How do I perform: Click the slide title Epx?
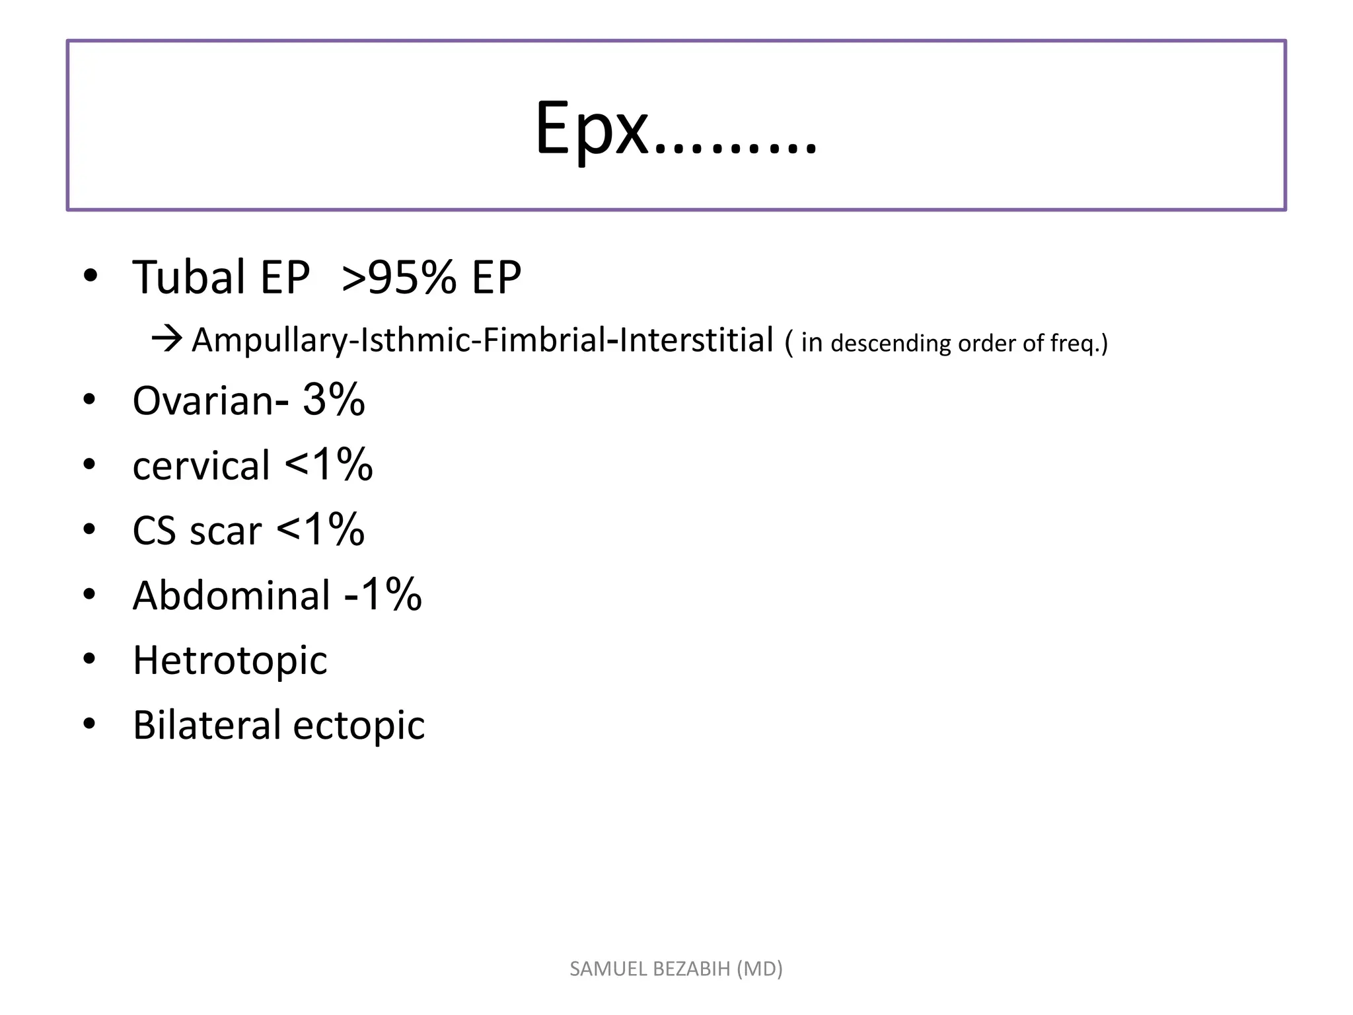pos(675,130)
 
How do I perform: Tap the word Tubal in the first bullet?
pos(188,278)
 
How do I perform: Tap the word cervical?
pos(201,465)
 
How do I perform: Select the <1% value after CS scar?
pos(320,530)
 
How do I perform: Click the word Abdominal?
pos(231,595)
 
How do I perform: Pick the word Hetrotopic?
pos(230,661)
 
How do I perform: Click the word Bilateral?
pos(207,725)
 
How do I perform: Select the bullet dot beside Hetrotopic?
pos(90,659)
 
